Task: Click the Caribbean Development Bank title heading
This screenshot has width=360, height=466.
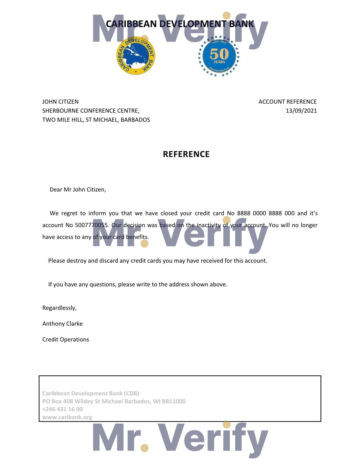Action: pos(180,24)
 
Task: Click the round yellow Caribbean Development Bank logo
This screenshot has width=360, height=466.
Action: pos(136,56)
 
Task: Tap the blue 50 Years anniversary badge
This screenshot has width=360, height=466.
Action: pos(219,56)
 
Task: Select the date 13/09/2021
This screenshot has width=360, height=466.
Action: pos(301,111)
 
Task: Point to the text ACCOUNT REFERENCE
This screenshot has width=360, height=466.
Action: pos(287,102)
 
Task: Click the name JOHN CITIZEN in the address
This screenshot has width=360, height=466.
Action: pos(60,102)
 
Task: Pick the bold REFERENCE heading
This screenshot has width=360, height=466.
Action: pos(186,154)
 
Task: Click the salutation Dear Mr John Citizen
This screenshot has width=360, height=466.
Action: pos(78,190)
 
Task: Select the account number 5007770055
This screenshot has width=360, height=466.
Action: pos(91,225)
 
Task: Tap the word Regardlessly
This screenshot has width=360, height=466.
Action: pos(59,308)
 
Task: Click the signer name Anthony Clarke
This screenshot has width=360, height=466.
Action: pos(62,324)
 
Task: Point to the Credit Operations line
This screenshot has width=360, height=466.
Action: pos(66,339)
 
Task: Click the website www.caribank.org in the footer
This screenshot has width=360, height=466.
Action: pos(67,417)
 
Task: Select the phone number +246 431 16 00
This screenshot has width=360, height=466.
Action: pos(62,409)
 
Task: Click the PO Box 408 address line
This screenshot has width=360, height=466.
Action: pos(114,401)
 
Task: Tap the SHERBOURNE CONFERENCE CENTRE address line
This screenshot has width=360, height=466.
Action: pos(91,111)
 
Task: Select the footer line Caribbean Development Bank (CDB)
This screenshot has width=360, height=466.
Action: pos(91,393)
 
